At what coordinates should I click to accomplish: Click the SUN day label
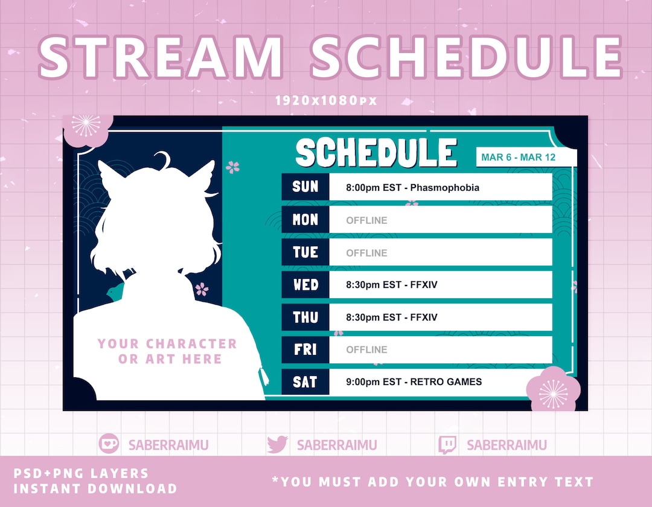(x=305, y=187)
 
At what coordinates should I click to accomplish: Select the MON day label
(x=305, y=220)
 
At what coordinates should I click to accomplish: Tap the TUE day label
(x=305, y=252)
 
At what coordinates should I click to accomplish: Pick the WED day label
(x=305, y=284)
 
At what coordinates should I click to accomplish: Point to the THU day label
(x=305, y=317)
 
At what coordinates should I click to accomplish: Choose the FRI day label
(x=305, y=349)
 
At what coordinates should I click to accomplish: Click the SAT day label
(x=305, y=381)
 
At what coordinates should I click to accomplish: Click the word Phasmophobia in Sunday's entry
(x=445, y=188)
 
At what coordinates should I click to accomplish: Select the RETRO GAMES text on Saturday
(x=446, y=381)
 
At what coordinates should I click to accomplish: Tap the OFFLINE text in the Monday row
(x=366, y=220)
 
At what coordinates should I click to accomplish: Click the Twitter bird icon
(x=277, y=445)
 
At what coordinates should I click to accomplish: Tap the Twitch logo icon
(x=447, y=445)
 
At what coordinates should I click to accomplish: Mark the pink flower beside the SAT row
(x=553, y=390)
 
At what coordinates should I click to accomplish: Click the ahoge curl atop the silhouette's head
(x=162, y=160)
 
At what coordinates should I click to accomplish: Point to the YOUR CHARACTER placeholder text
(x=167, y=344)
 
